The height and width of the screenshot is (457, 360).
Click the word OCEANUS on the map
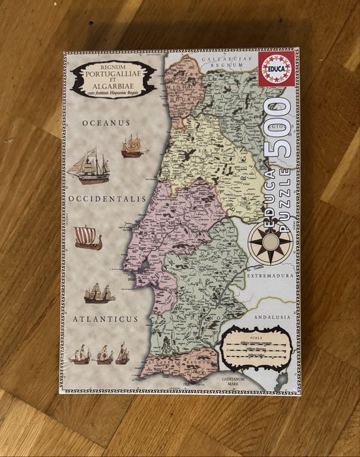106,123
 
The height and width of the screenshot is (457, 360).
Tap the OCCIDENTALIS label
106,197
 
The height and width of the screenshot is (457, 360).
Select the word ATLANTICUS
106,319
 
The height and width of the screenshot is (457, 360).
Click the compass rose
267,241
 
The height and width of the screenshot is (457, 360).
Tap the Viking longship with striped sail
88,238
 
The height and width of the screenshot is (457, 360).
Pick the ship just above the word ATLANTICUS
99,293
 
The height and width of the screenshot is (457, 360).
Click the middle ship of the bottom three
104,355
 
